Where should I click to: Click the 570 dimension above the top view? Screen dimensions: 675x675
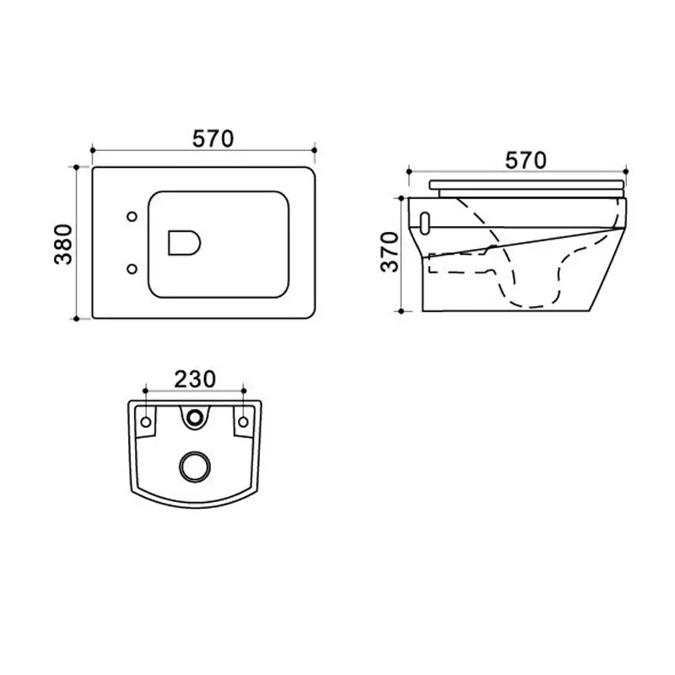pyautogui.click(x=213, y=138)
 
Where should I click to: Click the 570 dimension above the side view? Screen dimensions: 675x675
pyautogui.click(x=525, y=160)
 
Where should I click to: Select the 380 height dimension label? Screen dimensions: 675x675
pyautogui.click(x=64, y=244)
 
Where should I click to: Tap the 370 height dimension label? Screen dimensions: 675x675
pyautogui.click(x=390, y=251)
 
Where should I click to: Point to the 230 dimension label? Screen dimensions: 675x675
pyautogui.click(x=195, y=379)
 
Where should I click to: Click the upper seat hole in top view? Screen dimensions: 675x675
pyautogui.click(x=132, y=217)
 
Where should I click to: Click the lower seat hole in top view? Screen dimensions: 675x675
pyautogui.click(x=132, y=269)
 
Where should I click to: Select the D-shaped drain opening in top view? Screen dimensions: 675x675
pyautogui.click(x=184, y=243)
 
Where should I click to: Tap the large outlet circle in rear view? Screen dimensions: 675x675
pyautogui.click(x=195, y=467)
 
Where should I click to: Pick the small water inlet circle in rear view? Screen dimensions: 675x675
pyautogui.click(x=195, y=417)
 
